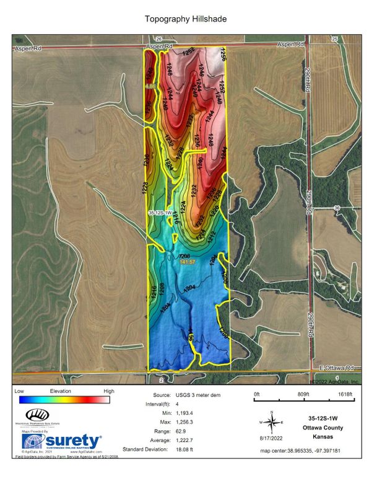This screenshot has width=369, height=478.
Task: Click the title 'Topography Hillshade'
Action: (x=185, y=19)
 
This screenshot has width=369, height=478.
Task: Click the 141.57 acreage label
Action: (x=188, y=263)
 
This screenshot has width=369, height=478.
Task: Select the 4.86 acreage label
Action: (x=150, y=87)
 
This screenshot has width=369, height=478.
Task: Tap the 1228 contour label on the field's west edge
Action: (x=144, y=187)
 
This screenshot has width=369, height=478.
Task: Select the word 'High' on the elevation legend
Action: (x=109, y=391)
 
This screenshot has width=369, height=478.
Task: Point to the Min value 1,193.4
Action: (x=211, y=412)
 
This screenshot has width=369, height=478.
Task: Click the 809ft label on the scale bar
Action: (x=303, y=394)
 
